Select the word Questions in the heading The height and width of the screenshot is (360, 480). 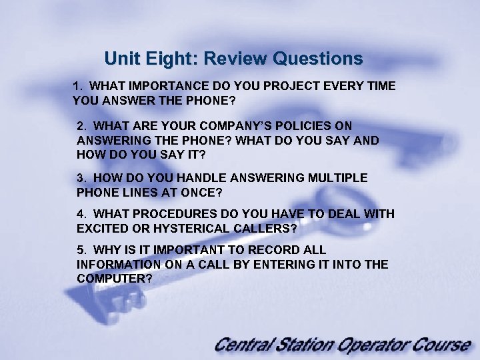[317, 59]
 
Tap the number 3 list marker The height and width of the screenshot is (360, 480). [81, 178]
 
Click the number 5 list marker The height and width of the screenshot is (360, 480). [81, 250]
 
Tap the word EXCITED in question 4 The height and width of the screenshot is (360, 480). [103, 228]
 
